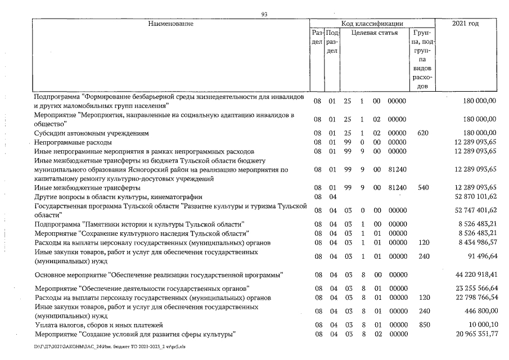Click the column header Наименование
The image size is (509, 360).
(171, 24)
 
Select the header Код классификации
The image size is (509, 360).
(372, 24)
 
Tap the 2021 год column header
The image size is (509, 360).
(465, 24)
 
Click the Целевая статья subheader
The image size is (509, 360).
(375, 33)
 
